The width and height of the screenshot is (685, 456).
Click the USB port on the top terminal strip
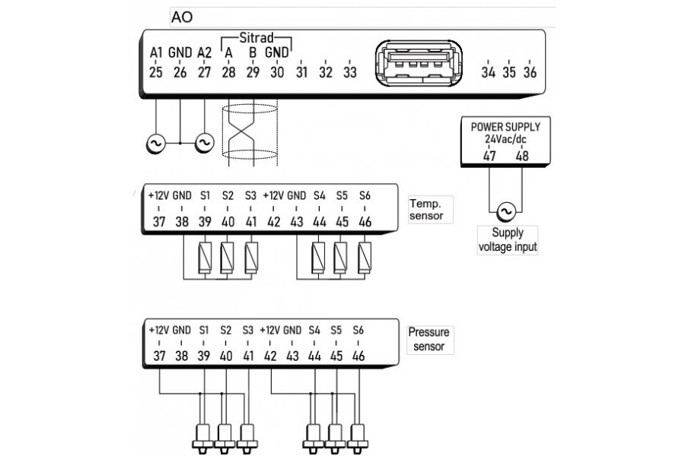tap(419, 63)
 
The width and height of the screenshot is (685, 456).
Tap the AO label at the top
tap(182, 17)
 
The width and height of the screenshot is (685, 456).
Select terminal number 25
tap(156, 72)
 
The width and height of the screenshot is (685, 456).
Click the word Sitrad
tap(256, 37)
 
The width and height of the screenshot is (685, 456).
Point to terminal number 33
tap(350, 72)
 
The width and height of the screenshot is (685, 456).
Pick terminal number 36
tap(530, 72)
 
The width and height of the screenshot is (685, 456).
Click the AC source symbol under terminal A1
tap(155, 143)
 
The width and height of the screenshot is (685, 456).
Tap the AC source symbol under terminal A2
tap(204, 143)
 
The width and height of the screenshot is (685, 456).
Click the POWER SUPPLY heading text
tap(505, 127)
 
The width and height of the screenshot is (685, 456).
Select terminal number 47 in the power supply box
tap(489, 156)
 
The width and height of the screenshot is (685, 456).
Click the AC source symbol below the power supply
tap(506, 211)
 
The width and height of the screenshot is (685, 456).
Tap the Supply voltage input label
tap(507, 240)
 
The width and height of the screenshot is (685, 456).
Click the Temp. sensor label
tap(426, 210)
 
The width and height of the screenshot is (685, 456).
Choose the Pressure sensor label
tap(429, 340)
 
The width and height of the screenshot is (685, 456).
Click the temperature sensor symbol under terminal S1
tap(205, 258)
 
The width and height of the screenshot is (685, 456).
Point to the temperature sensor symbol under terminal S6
tap(365, 258)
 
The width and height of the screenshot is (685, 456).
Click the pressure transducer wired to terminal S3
tap(247, 437)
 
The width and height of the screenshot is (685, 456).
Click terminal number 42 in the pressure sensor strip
tap(270, 356)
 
